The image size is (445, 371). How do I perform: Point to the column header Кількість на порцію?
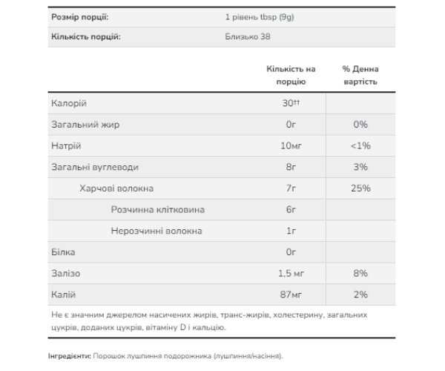[x=286, y=75]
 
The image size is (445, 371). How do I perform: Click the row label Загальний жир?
[x=84, y=125]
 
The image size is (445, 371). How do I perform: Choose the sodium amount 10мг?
[x=289, y=146]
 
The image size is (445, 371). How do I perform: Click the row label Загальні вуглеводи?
[x=94, y=168]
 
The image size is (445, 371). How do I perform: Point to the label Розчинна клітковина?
[x=157, y=210]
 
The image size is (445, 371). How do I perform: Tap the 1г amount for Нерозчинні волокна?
[x=289, y=232]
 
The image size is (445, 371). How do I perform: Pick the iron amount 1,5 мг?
[x=289, y=274]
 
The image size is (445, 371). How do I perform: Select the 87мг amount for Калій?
[x=289, y=295]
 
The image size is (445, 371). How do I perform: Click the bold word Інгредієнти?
[x=70, y=356]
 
